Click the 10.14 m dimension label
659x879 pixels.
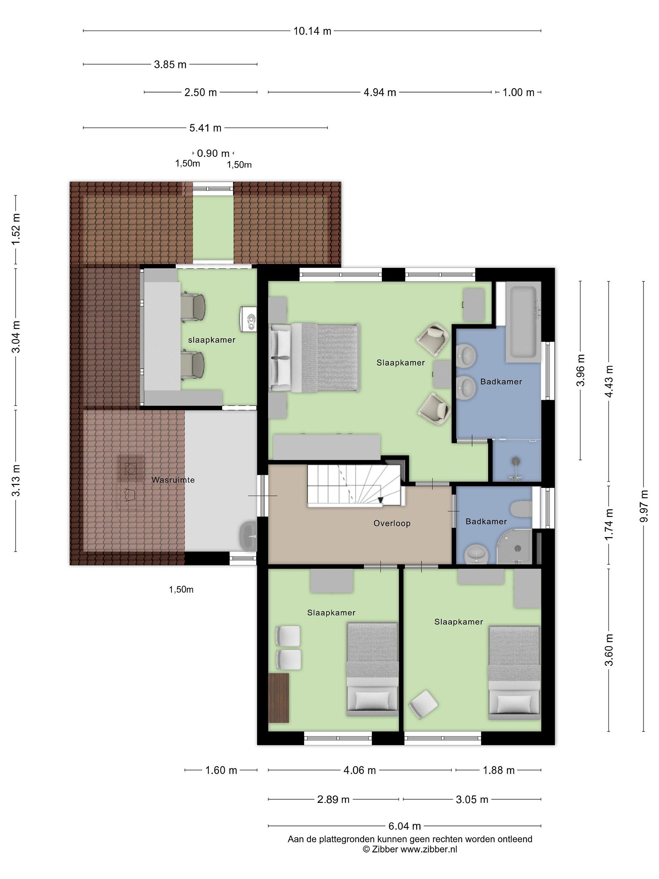point(312,31)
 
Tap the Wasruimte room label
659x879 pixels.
point(173,480)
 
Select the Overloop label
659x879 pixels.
point(392,523)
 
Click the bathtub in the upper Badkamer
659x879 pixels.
point(523,322)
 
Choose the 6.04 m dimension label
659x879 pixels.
point(404,826)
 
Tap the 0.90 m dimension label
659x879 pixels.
point(213,154)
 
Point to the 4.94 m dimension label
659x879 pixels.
point(380,92)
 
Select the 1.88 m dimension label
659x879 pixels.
point(499,771)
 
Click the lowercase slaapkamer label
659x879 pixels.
point(212,340)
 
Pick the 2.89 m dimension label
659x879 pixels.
point(333,800)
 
